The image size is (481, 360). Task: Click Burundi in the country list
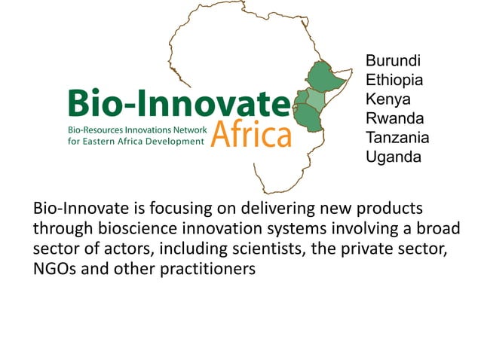point(392,61)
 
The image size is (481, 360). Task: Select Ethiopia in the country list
point(394,80)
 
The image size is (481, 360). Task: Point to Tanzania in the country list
point(397,138)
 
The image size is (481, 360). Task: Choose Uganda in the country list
point(393,157)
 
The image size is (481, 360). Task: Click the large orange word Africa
point(250,134)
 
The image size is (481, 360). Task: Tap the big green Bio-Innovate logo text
point(178,103)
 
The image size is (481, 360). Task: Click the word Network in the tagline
point(185,130)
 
